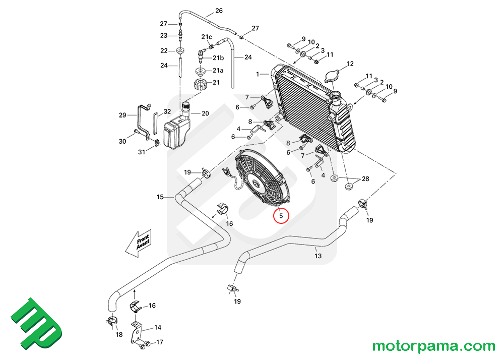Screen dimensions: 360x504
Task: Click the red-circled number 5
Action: tap(281, 215)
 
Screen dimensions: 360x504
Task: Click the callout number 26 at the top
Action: tap(218, 11)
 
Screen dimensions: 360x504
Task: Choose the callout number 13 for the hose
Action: tap(318, 256)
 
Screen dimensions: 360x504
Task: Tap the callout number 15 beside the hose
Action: tap(160, 197)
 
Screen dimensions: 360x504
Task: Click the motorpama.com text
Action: tap(433, 346)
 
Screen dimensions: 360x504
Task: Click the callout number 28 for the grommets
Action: tap(365, 179)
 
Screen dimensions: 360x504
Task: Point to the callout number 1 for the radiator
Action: tap(258, 74)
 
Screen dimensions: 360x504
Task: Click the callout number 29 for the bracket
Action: tap(122, 115)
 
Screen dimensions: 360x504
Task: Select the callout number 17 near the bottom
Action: tap(159, 342)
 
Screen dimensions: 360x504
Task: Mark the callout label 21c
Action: tap(207, 37)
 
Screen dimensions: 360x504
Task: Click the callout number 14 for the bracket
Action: tap(158, 327)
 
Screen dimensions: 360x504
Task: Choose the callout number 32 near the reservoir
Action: tap(167, 111)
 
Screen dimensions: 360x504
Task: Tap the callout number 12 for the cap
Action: tap(350, 64)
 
